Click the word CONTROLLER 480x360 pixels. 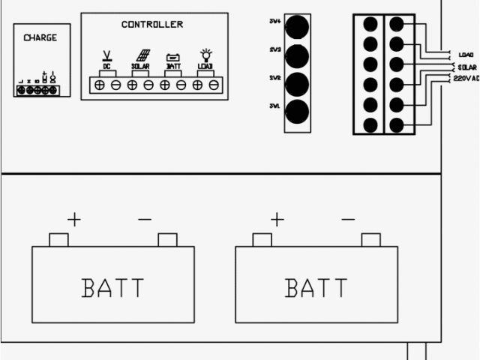[151, 25]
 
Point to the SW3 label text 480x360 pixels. [275, 49]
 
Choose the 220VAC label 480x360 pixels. [465, 78]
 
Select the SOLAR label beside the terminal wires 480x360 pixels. [466, 66]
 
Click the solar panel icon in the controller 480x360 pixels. [141, 55]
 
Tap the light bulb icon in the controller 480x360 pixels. [205, 55]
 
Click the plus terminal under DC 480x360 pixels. [100, 85]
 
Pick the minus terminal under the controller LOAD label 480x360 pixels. [214, 85]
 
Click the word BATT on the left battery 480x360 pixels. [112, 287]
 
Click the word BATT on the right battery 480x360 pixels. [316, 287]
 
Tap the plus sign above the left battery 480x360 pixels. [73, 220]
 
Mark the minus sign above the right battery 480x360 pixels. [348, 220]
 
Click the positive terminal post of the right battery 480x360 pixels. [262, 240]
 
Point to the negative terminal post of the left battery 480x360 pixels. [167, 240]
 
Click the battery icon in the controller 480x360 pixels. [173, 57]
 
